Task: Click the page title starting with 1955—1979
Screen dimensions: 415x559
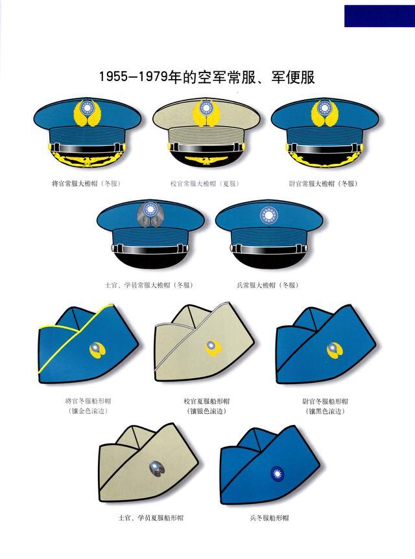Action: tap(207, 77)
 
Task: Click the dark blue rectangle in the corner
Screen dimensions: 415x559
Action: tap(379, 16)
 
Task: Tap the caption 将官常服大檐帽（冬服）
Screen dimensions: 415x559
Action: tap(86, 183)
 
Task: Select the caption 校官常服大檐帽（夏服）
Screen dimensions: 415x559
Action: tap(205, 183)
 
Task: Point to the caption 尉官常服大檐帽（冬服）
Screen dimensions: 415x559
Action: tap(324, 183)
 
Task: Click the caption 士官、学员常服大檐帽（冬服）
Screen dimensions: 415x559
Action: tap(148, 285)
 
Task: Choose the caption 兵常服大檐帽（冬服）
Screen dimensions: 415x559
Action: tap(268, 285)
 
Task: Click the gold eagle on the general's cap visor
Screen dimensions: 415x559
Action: tap(87, 161)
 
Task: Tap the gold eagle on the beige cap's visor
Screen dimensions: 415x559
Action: tap(206, 161)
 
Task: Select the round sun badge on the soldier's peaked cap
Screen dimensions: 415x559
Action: tap(269, 215)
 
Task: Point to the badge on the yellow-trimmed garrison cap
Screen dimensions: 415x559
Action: tap(97, 350)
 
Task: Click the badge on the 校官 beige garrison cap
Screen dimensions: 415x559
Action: tap(213, 348)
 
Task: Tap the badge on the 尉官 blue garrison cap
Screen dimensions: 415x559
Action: tap(335, 350)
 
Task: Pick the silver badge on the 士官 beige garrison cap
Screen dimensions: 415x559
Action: tap(157, 468)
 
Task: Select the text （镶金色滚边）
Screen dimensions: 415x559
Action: tap(88, 411)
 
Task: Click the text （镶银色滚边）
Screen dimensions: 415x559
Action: tap(207, 411)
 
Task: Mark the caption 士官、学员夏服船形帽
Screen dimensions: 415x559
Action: tap(150, 518)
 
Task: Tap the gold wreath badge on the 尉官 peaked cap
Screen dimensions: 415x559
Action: tap(324, 113)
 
